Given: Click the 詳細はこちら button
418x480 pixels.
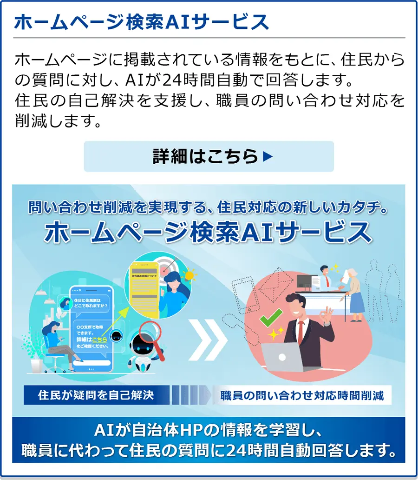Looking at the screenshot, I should click(209, 157).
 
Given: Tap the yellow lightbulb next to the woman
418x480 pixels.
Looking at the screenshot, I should click(189, 275).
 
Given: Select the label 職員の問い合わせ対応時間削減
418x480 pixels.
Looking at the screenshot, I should click(302, 396).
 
